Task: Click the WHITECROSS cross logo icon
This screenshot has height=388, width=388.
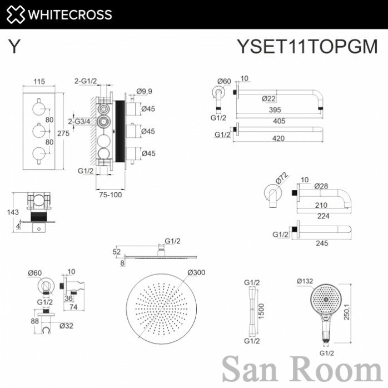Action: click(16, 14)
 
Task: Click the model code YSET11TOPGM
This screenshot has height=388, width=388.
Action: click(307, 46)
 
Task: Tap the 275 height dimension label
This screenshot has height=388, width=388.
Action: click(63, 133)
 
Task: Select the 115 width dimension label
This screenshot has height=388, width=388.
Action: click(39, 81)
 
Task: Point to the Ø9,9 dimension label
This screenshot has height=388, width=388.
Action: click(144, 91)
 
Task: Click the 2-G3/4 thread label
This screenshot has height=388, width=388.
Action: click(79, 121)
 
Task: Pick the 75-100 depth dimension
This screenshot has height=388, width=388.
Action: click(111, 195)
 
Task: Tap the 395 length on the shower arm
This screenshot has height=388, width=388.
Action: click(275, 110)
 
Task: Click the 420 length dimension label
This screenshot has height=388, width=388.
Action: click(278, 138)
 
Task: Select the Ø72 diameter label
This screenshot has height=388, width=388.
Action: click(282, 178)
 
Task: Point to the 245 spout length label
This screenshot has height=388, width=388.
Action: click(322, 243)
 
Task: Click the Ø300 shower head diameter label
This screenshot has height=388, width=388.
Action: click(196, 272)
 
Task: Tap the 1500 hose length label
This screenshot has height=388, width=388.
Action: click(261, 311)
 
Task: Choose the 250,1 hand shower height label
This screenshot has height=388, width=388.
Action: click(347, 312)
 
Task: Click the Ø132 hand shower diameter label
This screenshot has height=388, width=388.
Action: click(305, 281)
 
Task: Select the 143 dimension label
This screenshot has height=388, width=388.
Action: click(13, 212)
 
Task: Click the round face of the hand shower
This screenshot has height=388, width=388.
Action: click(326, 300)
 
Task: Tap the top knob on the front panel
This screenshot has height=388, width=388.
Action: click(39, 108)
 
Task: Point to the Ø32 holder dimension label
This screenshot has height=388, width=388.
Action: click(66, 326)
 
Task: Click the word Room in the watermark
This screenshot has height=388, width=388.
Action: click(336, 369)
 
